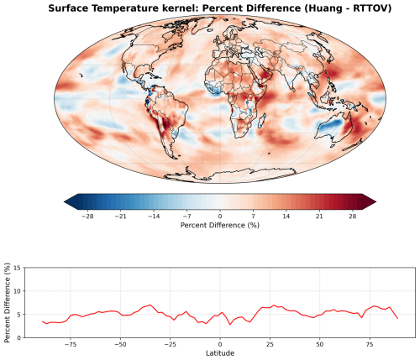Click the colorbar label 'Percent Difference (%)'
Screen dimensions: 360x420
(x=220, y=226)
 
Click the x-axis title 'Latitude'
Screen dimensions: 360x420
(x=220, y=352)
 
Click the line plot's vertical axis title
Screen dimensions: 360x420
(x=7, y=301)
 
